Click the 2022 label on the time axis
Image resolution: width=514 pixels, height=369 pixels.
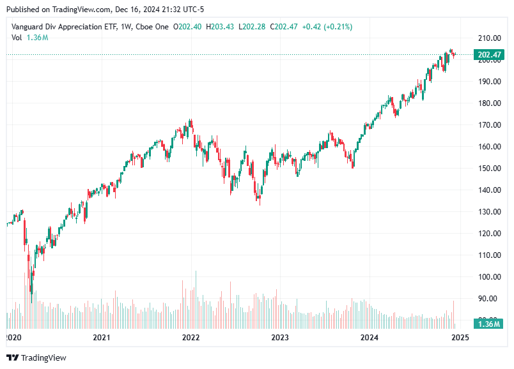coord(191,337)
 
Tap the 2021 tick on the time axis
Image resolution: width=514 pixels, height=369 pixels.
coord(101,337)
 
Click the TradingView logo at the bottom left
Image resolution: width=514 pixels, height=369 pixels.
coord(36,358)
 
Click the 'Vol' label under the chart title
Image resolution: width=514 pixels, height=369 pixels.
coord(17,38)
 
